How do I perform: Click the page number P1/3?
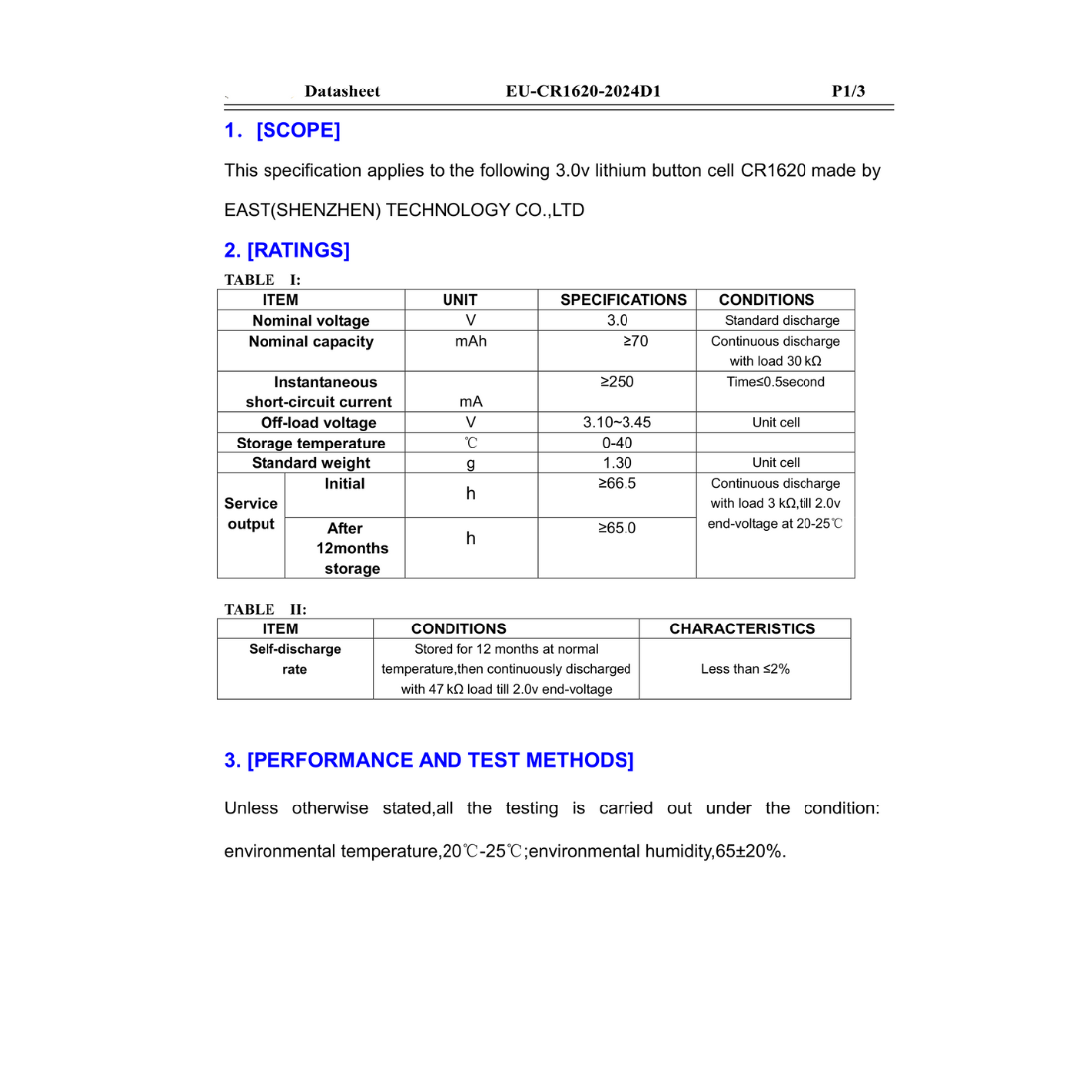pos(848,91)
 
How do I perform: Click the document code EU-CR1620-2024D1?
pos(583,91)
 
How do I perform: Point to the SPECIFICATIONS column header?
pos(624,299)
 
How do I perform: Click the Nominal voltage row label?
pos(310,321)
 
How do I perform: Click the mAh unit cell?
pos(471,342)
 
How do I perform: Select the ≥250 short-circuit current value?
pos(617,382)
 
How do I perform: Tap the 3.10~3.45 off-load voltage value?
pos(617,422)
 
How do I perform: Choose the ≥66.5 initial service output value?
pos(617,484)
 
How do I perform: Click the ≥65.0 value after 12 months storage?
pos(617,528)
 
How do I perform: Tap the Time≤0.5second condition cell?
pos(776,382)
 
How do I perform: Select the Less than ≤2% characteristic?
pos(745,669)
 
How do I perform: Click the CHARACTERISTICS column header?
pos(743,628)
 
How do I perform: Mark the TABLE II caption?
pos(266,608)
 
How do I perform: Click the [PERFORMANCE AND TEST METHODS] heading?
pos(429,761)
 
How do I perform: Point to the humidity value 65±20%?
pos(750,852)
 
